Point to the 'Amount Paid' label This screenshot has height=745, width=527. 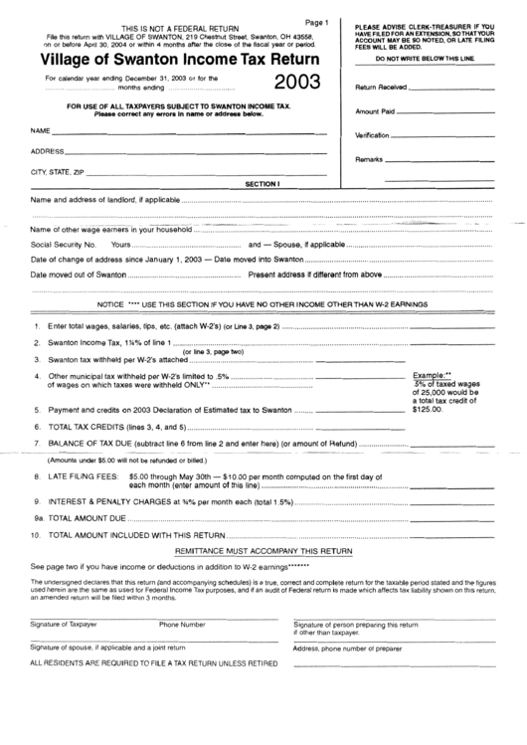coord(376,112)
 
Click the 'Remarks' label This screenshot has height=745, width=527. coord(370,159)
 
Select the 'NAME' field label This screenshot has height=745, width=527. coord(41,130)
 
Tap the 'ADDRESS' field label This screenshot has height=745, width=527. coord(49,151)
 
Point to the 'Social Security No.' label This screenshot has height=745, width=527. coord(64,244)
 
